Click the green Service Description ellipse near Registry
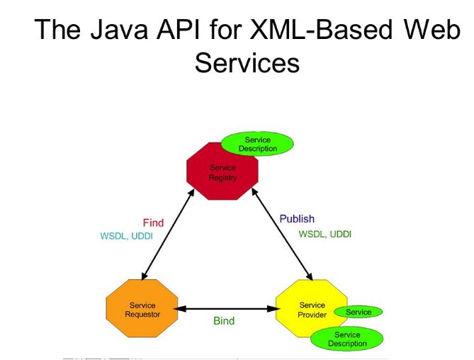(x=257, y=144)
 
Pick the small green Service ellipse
(x=358, y=312)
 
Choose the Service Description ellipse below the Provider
(x=347, y=339)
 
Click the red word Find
(x=153, y=223)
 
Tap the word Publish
(x=297, y=219)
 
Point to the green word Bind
(x=224, y=321)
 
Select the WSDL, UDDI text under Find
(x=125, y=236)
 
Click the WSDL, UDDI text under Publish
(x=325, y=234)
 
